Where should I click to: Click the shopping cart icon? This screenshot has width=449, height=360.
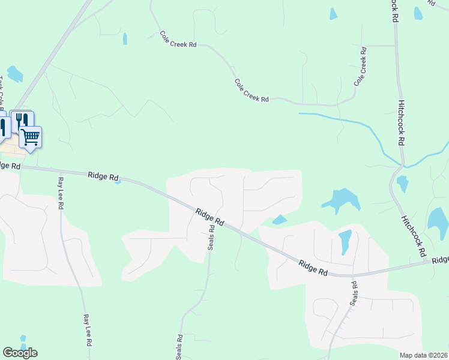[31, 137]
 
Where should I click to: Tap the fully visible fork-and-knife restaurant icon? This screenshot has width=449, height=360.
[22, 120]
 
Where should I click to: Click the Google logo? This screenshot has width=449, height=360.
[20, 353]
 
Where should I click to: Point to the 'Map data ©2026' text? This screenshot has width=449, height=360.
[423, 355]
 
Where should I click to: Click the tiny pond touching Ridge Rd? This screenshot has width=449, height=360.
[119, 182]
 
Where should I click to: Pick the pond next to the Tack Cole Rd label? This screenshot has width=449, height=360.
[14, 74]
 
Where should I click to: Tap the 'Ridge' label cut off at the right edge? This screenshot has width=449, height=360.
[440, 260]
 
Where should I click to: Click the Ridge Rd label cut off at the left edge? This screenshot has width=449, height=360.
[10, 166]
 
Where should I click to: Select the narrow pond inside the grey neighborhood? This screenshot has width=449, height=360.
[345, 242]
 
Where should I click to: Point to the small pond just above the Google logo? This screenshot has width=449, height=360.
[23, 340]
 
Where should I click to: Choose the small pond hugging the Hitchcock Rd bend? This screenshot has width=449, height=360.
[402, 184]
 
